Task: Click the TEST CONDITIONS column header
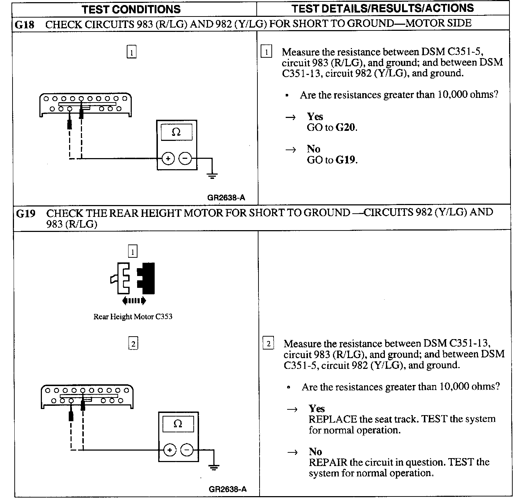click(131, 9)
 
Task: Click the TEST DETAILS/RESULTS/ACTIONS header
click(382, 8)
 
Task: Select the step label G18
click(25, 25)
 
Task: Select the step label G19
click(26, 214)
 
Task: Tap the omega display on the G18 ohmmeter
click(176, 132)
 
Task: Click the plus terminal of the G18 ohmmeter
click(168, 158)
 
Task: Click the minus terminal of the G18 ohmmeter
click(185, 158)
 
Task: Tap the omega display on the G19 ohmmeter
click(178, 424)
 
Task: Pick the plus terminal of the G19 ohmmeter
click(170, 450)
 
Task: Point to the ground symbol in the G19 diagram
click(214, 467)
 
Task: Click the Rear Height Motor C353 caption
click(133, 317)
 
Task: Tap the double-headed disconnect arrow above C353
click(134, 300)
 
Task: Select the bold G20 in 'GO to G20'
click(345, 128)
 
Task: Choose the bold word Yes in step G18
click(315, 117)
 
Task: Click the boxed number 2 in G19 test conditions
click(133, 344)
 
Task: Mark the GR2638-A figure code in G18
click(226, 198)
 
